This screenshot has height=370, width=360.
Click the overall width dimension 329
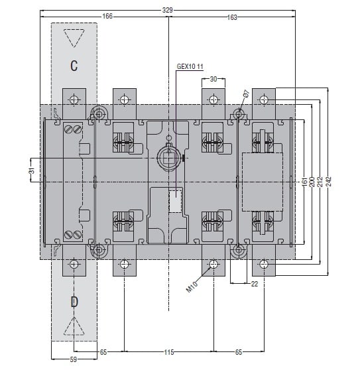(x=168, y=10)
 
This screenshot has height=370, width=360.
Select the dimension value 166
(x=107, y=17)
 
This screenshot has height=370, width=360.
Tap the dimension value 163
(x=232, y=17)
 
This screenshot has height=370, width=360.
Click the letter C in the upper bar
(x=74, y=66)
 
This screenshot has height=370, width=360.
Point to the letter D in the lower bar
(x=74, y=302)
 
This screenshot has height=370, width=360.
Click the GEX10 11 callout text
(x=190, y=66)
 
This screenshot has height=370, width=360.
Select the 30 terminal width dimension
(x=213, y=79)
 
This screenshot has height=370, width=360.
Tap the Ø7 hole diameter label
(x=246, y=93)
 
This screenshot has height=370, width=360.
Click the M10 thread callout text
(x=192, y=287)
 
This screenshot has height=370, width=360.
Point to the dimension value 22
(x=255, y=284)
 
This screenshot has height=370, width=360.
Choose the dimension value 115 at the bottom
(x=169, y=352)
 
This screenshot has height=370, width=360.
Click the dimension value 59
(x=74, y=359)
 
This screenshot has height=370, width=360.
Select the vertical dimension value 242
(x=329, y=182)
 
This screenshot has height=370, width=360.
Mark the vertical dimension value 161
(x=304, y=182)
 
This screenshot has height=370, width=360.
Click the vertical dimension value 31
(x=32, y=170)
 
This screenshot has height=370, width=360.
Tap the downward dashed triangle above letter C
(x=74, y=38)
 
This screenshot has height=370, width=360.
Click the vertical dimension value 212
(x=320, y=182)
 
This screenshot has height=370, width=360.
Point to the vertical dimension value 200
(x=312, y=182)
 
